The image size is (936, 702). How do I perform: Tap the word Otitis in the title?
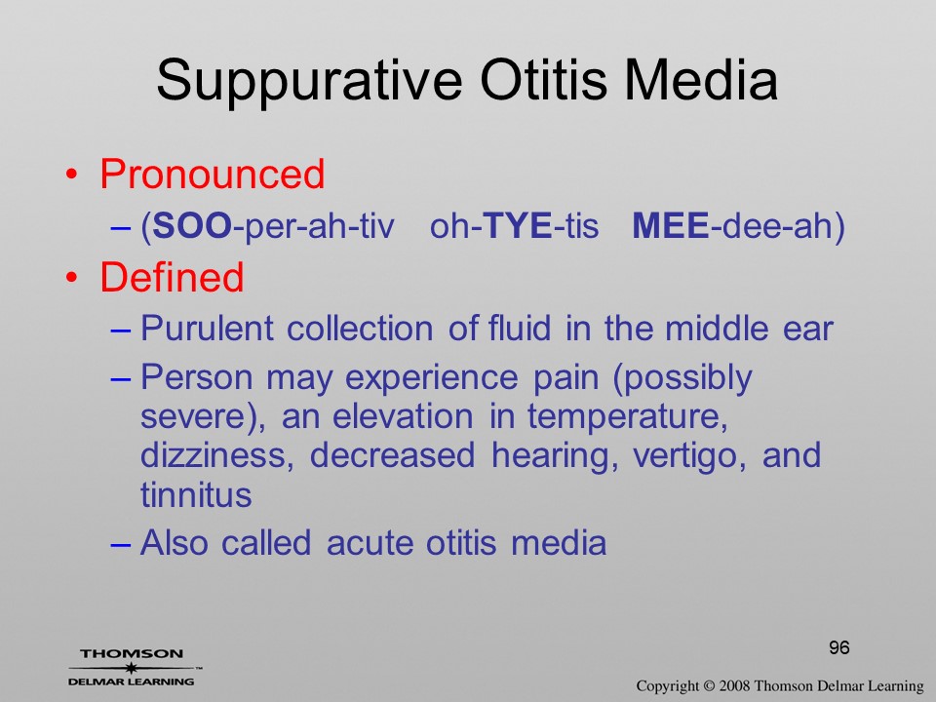pos(543,79)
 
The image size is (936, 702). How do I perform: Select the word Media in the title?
pos(701,79)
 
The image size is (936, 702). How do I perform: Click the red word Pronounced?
pos(212,174)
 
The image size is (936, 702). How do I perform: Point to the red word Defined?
pos(172,277)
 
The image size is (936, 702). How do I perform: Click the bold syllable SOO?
pos(192,226)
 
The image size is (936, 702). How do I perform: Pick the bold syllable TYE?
pos(517,226)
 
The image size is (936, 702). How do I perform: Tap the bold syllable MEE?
pos(671,226)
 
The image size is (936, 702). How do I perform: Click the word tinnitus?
pos(196,495)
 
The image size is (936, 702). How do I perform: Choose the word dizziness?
pos(217,455)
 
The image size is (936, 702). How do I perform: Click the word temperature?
pos(627,417)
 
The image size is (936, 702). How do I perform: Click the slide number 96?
pos(838,647)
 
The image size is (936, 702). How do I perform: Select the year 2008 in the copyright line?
pos(737,685)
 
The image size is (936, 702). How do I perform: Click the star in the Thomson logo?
pos(132,668)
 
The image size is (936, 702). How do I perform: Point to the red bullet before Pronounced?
pos(71,175)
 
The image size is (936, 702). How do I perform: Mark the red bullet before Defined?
pos(71,278)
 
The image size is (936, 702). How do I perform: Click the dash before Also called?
pos(121,544)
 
